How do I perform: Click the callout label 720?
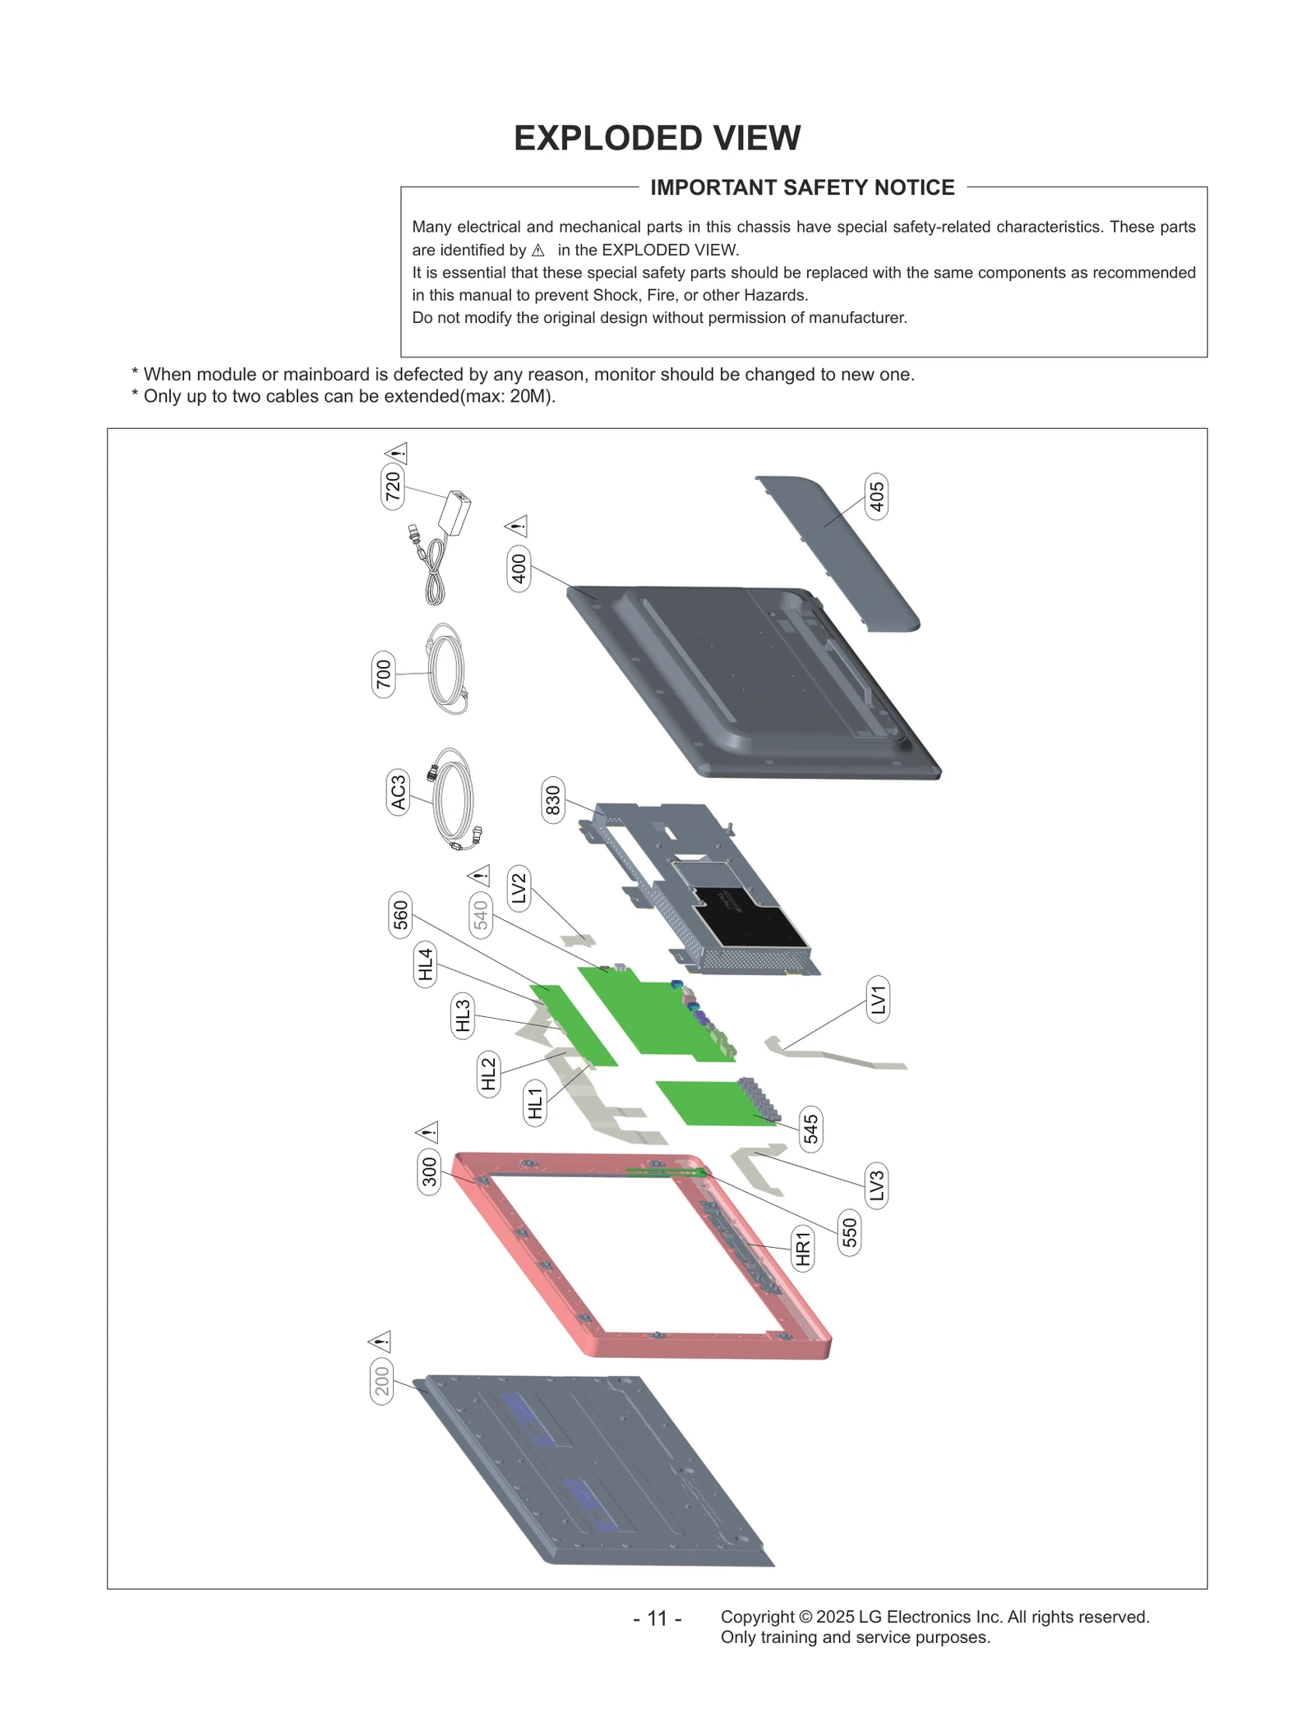(393, 486)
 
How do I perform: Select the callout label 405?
(877, 497)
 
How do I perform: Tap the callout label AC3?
(399, 792)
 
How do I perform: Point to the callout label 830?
(553, 799)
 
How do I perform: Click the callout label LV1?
(878, 1000)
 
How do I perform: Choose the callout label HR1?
(803, 1248)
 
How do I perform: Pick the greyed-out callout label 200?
(382, 1381)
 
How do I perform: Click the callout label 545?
(810, 1128)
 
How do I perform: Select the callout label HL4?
(425, 964)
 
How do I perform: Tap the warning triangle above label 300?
(429, 1132)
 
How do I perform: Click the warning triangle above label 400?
(517, 526)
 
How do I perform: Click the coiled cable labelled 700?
(448, 670)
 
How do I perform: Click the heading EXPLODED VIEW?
(657, 138)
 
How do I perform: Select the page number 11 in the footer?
(657, 1618)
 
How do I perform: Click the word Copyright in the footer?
(756, 1617)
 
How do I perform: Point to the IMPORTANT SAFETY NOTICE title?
(802, 187)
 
